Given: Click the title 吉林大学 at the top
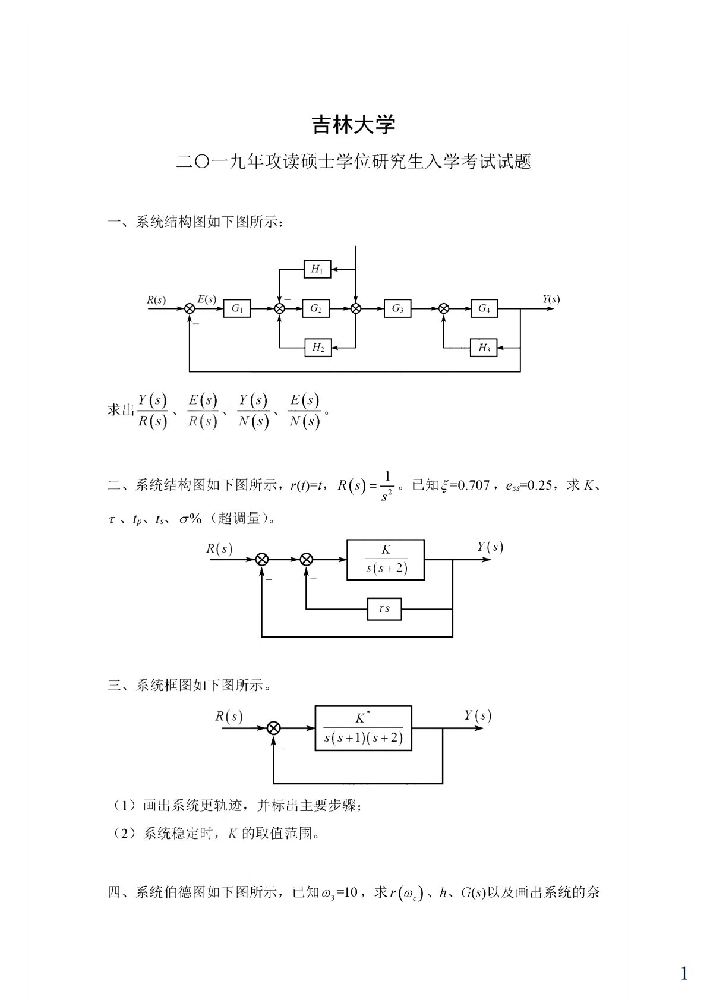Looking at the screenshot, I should [x=353, y=125].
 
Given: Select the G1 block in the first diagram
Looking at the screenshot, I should [x=237, y=308].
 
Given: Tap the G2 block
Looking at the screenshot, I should [x=315, y=308].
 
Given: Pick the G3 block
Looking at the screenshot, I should [x=397, y=308].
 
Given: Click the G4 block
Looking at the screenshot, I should [x=484, y=308].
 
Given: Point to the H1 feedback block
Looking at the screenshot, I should [x=317, y=269].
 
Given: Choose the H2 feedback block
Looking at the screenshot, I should [x=317, y=348].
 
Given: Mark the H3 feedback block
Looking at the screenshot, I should [x=484, y=348].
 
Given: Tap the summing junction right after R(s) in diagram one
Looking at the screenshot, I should [x=190, y=308].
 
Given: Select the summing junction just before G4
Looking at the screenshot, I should [x=444, y=308].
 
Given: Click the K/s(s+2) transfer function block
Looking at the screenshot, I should [x=386, y=560].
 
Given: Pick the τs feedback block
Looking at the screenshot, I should [x=384, y=609].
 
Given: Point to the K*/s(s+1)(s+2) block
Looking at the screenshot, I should [x=363, y=728].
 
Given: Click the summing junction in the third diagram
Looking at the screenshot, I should [x=274, y=728].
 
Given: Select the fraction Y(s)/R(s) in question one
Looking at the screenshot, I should [x=153, y=411].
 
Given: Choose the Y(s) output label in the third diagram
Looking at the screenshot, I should [x=478, y=715].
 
